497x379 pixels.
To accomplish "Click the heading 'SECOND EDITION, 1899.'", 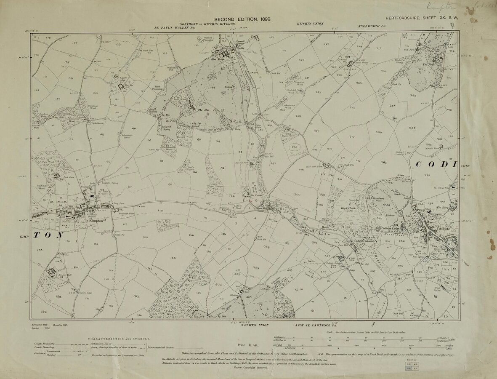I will pos(243,19).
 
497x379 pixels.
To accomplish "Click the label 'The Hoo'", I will pos(204,110).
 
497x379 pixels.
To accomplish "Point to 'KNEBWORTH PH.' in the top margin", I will pos(372,26).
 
